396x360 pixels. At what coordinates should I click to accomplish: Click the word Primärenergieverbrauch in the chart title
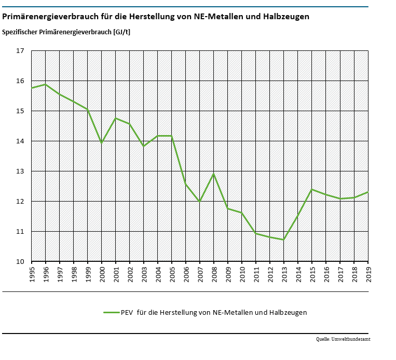[x=45, y=17]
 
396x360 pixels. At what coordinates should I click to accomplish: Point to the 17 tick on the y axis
[x=20, y=51]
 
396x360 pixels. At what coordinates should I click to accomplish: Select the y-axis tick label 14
[x=20, y=141]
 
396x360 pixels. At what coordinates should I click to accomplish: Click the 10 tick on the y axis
[x=20, y=261]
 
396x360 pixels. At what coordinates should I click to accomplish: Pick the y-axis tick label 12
[x=20, y=201]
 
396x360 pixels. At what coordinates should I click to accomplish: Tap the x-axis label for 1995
[x=32, y=274]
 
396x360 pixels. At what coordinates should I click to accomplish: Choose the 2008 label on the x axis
[x=214, y=274]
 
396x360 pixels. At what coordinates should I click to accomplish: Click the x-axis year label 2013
[x=284, y=274]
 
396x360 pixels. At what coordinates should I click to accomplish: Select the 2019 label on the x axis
[x=368, y=274]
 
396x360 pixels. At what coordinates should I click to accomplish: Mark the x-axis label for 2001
[x=116, y=274]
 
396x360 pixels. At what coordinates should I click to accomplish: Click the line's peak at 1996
[x=46, y=84]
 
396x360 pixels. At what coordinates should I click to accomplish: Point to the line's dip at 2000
[x=102, y=143]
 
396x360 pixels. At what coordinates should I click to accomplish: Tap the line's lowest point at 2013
[x=284, y=239]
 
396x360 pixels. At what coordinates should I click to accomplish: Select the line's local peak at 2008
[x=214, y=174]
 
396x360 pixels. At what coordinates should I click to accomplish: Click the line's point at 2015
[x=312, y=189]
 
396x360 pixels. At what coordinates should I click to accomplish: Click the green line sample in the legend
[x=111, y=313]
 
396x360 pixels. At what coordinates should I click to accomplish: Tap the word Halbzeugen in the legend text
[x=289, y=313]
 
